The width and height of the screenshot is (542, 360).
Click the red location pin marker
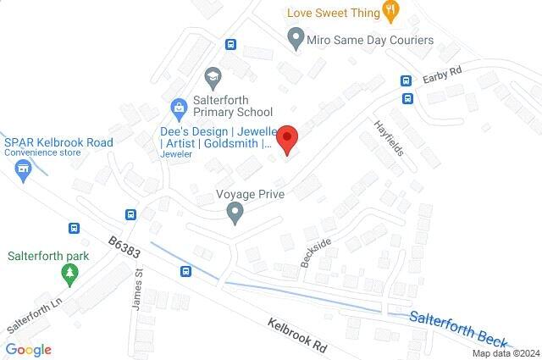point(288,139)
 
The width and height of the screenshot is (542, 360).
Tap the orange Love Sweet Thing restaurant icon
point(390,11)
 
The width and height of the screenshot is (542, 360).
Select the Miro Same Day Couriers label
point(370,40)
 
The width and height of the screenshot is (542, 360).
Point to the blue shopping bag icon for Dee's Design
point(179,108)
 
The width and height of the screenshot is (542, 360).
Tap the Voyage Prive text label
point(250,194)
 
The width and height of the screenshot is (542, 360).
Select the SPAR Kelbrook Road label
point(58,142)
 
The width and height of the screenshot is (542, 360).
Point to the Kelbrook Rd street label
point(296,335)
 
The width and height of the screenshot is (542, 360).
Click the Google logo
point(28,349)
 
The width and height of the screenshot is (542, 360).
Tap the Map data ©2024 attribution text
point(506,353)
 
